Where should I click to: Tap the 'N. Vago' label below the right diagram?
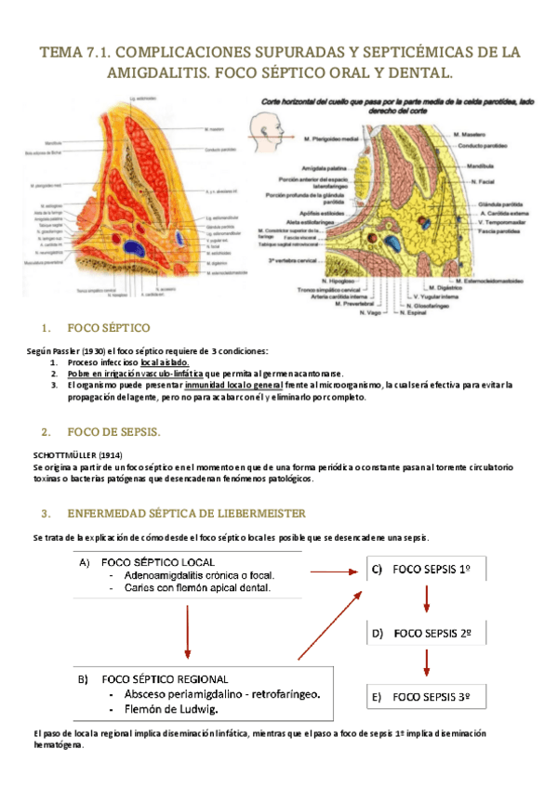coord(369,313)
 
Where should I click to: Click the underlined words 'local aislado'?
coord(165,361)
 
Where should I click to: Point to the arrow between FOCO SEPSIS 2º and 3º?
coord(427,664)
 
